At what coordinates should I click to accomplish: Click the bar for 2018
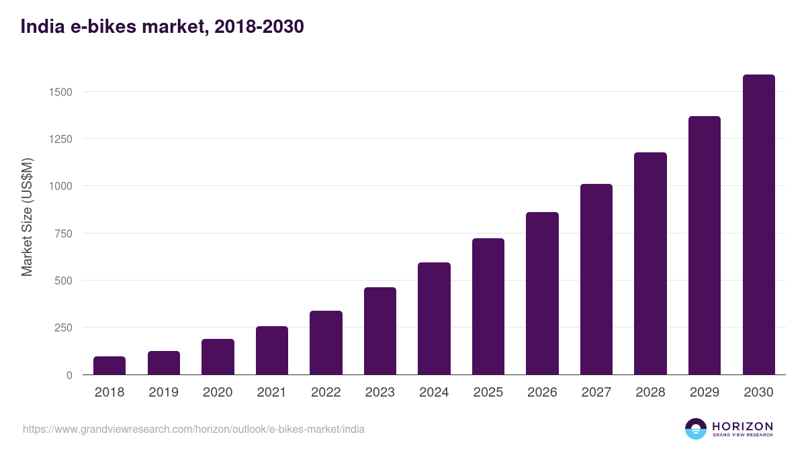(x=109, y=366)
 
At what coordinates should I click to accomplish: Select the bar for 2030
(x=758, y=225)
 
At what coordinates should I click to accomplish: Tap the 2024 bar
(x=434, y=319)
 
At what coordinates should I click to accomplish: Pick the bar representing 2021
(x=272, y=350)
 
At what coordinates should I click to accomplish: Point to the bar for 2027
(x=596, y=279)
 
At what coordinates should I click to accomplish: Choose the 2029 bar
(x=705, y=246)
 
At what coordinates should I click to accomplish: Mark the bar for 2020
(x=218, y=357)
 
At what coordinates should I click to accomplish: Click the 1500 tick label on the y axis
(x=60, y=92)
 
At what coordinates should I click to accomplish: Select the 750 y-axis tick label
(x=63, y=234)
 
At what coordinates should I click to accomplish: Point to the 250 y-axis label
(x=63, y=328)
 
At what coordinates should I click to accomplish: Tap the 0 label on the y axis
(x=69, y=375)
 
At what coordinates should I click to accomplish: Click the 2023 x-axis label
(x=380, y=393)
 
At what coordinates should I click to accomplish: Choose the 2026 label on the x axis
(x=542, y=393)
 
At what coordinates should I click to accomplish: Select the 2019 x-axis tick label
(x=163, y=393)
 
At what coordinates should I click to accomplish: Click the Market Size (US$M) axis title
(x=27, y=216)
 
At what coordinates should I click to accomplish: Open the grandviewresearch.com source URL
(x=193, y=429)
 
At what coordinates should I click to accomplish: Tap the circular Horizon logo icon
(x=696, y=429)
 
